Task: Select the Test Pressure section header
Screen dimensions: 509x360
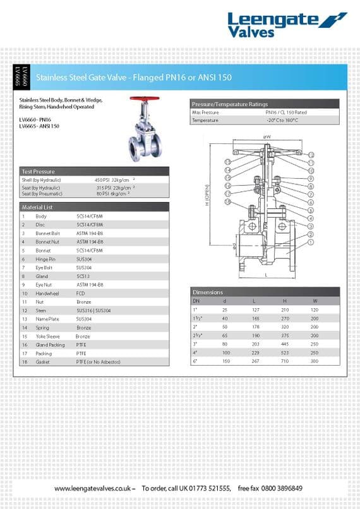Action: click(x=39, y=171)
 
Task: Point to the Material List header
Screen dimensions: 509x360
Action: click(x=37, y=207)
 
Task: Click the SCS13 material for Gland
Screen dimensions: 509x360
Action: click(x=83, y=276)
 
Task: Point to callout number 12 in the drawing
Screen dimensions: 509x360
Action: click(x=311, y=155)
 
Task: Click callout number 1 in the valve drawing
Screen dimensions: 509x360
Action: click(x=311, y=242)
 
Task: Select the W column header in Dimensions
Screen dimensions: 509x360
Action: click(x=315, y=301)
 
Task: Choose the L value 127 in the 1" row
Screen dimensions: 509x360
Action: click(x=255, y=310)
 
